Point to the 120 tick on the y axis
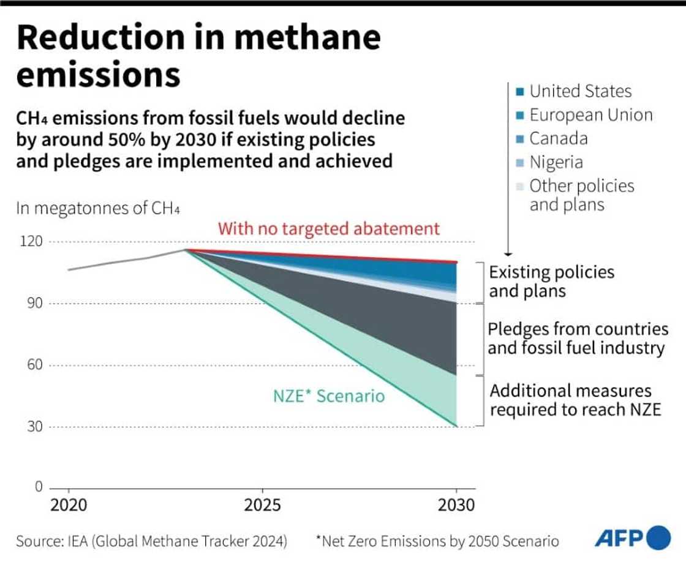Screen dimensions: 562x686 point(35,241)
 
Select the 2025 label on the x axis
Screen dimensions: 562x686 point(262,505)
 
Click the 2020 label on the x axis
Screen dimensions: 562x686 point(68,505)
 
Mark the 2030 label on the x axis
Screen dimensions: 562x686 point(456,505)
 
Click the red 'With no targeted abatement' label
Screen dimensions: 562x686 point(329,229)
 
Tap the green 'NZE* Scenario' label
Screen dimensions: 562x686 point(329,396)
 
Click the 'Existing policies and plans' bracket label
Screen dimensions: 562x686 point(551,281)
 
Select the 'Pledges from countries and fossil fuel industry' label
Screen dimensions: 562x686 point(578,339)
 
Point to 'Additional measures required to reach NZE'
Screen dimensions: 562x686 point(575,400)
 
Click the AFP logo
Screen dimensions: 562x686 point(632,538)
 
